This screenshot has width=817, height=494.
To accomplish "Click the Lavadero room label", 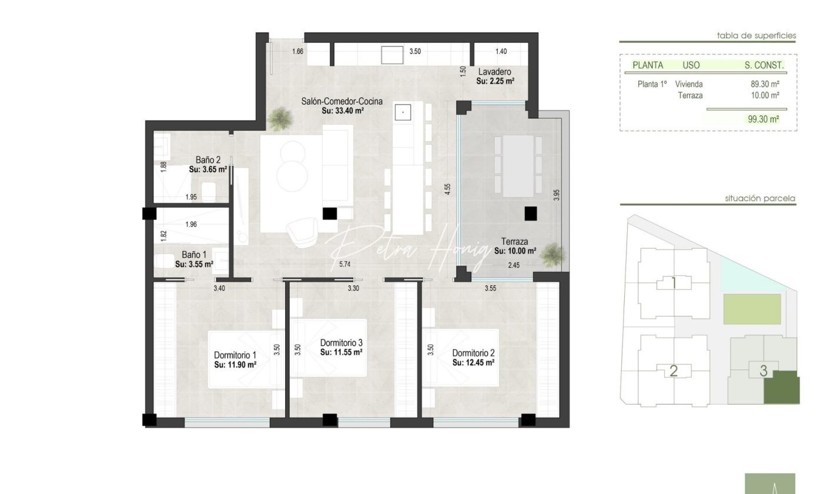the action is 494,72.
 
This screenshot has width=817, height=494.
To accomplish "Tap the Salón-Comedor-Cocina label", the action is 341,101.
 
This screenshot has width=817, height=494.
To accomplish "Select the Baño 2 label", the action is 208,160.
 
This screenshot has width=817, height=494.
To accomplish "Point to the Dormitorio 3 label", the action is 341,343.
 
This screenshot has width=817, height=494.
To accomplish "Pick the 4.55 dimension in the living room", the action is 447,189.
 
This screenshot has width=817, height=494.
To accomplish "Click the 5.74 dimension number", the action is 344,264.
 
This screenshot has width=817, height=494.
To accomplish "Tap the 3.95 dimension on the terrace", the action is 556,195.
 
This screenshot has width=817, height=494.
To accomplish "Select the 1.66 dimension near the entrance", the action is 297,51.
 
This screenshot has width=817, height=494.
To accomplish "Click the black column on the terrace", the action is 531,213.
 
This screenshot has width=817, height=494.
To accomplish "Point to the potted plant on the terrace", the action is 552,254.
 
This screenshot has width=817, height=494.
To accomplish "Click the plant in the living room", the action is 280,119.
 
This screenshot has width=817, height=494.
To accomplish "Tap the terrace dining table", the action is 518,166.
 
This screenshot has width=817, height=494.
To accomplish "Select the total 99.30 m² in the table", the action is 764,119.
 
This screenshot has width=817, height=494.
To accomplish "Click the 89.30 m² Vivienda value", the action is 765,84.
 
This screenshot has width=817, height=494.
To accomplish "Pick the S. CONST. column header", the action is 764,65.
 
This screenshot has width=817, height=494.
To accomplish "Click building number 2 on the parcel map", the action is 674,371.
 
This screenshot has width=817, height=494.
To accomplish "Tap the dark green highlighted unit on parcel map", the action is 782,387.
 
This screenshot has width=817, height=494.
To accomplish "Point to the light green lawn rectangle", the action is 752,309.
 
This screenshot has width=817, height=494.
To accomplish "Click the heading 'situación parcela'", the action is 760,198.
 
